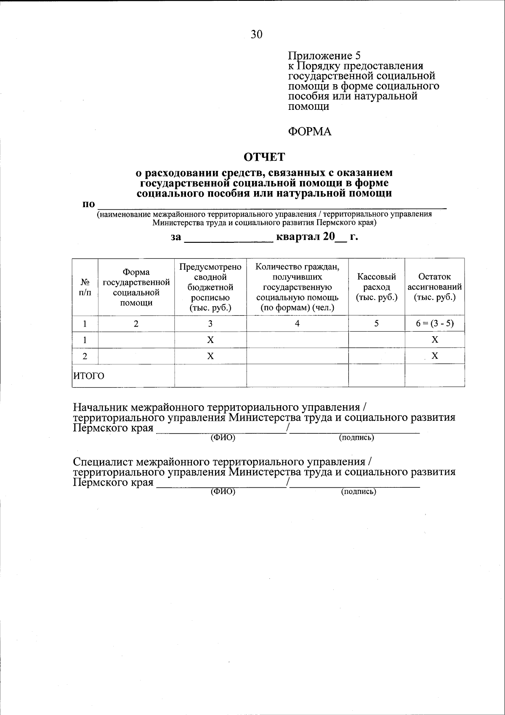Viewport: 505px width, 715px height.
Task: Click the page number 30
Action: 257,35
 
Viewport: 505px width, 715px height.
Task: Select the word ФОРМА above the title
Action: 309,132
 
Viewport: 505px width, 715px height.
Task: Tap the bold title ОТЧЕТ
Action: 265,157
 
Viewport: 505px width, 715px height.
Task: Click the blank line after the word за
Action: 229,239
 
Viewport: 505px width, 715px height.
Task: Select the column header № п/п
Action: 85,287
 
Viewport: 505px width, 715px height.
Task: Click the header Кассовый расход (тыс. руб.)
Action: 377,287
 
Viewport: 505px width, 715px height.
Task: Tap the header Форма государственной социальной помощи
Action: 136,287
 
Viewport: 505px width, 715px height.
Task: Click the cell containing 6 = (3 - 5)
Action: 435,324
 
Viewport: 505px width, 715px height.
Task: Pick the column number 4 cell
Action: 297,324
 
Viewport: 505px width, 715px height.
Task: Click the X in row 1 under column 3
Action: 210,340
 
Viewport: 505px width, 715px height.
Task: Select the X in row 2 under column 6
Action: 435,356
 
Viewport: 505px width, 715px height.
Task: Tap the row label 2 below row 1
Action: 85,356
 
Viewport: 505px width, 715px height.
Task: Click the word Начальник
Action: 101,407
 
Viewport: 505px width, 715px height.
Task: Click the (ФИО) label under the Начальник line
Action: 223,438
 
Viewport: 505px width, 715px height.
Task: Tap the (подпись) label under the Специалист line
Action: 358,492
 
